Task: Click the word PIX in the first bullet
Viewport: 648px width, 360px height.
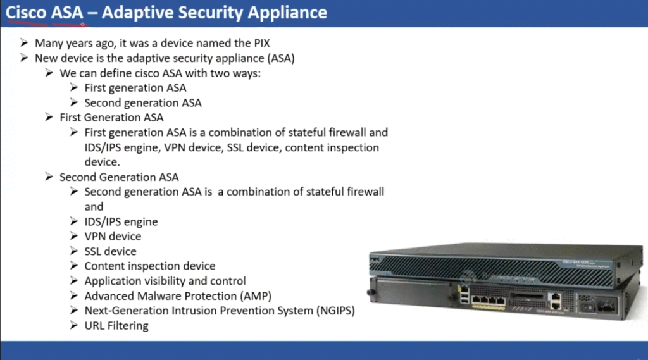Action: [260, 43]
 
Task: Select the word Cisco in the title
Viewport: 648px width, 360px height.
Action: [26, 13]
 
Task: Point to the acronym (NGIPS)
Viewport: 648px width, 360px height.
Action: [335, 311]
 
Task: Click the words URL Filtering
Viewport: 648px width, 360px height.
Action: [116, 326]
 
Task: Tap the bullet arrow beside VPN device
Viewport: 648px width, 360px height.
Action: [74, 236]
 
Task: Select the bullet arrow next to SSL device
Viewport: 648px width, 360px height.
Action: [74, 251]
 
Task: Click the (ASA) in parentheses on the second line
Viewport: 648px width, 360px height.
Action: [280, 58]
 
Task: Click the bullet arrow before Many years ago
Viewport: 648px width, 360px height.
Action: [24, 42]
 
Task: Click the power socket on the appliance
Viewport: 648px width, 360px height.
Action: [606, 306]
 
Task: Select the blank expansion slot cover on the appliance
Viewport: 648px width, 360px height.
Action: [413, 292]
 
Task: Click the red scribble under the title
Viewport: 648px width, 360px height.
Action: [46, 23]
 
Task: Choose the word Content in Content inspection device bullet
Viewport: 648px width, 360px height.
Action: [103, 266]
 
